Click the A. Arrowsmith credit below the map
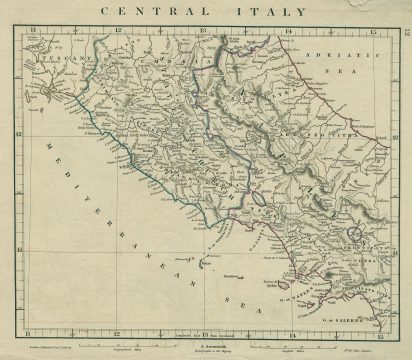point(205,340)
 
